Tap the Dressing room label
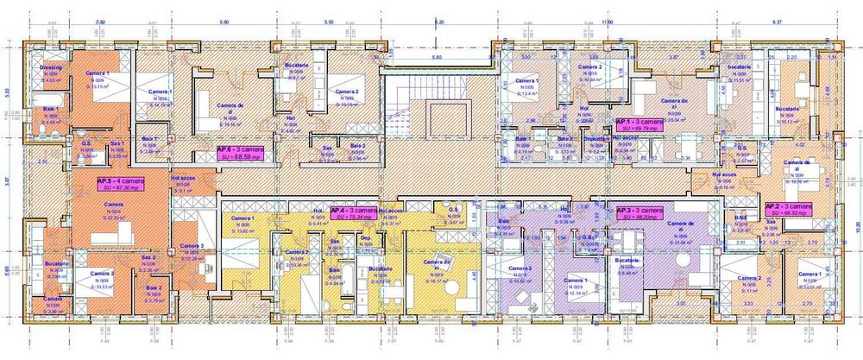[x=50, y=66]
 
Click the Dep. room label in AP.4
[x=366, y=237]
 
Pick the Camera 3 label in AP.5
[x=192, y=246]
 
